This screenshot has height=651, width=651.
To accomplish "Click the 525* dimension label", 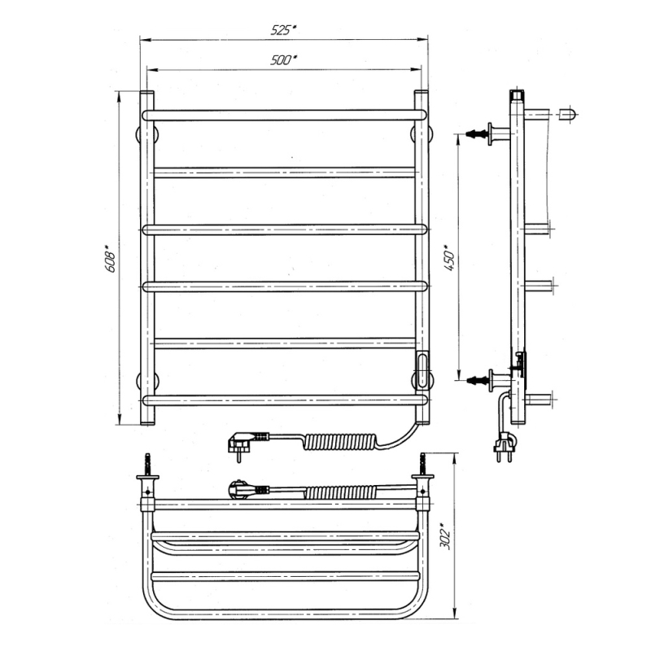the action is [x=283, y=30].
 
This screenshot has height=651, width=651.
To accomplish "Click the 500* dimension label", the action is [x=283, y=59].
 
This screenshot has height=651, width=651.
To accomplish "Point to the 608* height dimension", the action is [x=110, y=259].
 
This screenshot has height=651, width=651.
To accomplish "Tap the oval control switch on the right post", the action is [x=422, y=369].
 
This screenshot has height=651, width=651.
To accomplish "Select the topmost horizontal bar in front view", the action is [x=284, y=115].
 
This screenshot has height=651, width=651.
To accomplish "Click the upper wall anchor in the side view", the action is [x=487, y=133].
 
